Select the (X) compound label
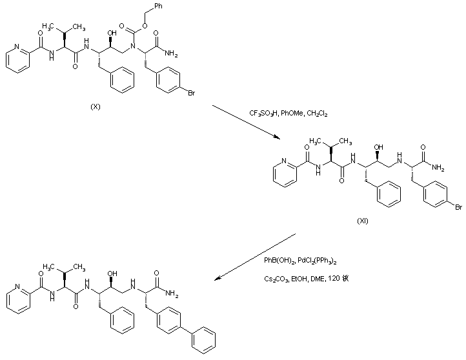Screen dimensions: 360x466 (96, 106)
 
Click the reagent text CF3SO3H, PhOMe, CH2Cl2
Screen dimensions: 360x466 (289, 114)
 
